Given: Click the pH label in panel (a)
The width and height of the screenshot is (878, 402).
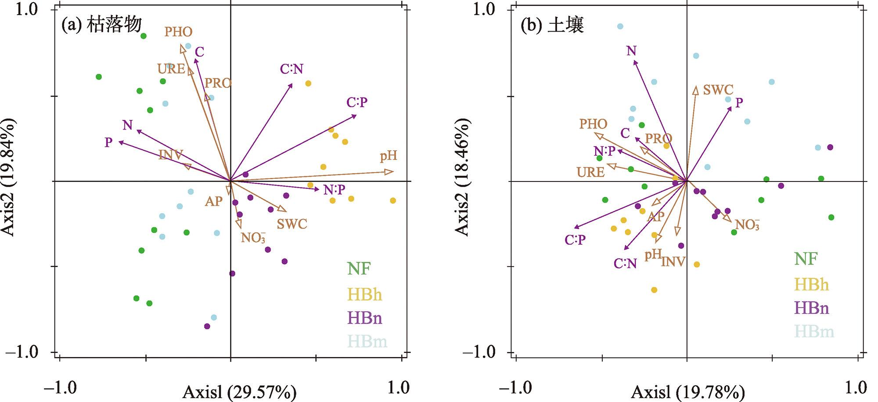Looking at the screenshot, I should [x=389, y=156].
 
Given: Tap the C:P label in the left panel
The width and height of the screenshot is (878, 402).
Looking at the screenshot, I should [x=356, y=102].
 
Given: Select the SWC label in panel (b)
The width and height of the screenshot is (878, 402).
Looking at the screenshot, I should [x=718, y=90].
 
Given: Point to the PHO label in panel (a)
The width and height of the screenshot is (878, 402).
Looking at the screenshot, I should [x=178, y=32].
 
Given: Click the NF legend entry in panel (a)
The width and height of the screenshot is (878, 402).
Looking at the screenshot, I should [x=359, y=268].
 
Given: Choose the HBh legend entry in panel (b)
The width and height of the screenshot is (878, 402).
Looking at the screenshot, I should [x=811, y=285].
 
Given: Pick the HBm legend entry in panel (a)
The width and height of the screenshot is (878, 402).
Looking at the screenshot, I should [x=367, y=341].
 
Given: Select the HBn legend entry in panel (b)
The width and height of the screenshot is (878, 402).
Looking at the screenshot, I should [x=811, y=308].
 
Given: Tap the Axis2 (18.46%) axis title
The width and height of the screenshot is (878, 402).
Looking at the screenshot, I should [x=462, y=177].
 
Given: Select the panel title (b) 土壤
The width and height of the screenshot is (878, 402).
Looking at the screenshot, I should [x=552, y=25].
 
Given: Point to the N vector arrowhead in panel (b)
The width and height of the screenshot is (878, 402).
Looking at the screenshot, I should [x=634, y=62].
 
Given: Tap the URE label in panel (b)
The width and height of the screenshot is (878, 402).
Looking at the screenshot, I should [x=590, y=172].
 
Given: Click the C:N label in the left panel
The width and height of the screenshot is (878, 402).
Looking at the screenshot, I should [x=291, y=69].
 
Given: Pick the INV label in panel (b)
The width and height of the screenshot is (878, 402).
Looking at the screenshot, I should [x=673, y=262].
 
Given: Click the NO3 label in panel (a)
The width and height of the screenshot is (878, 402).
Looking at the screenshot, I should [x=253, y=238].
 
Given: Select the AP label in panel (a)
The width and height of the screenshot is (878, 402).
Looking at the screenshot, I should [x=214, y=202].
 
